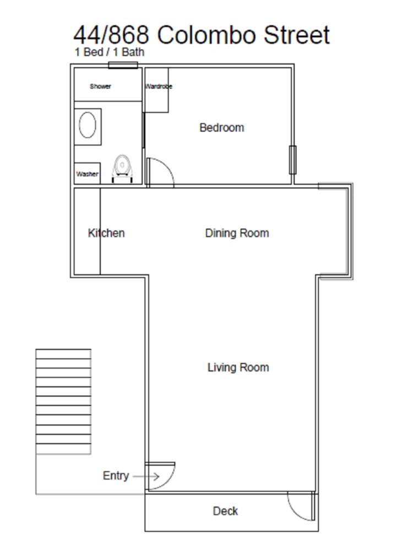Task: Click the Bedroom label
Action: point(221,128)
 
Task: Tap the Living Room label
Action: point(238,368)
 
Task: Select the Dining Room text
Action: point(237,233)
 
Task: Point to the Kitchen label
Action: point(106,233)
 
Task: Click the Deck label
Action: point(225,511)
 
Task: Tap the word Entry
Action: point(116,476)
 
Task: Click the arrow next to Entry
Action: point(146,476)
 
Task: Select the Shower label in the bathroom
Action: point(101,87)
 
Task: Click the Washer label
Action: point(88,174)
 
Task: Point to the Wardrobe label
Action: point(159,87)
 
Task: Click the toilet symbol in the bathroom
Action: point(122,169)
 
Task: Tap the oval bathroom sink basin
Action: point(88,125)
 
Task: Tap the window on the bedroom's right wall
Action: point(292,160)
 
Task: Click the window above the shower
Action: point(123,65)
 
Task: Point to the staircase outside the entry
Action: point(63,401)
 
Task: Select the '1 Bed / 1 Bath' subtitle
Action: point(110,52)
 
